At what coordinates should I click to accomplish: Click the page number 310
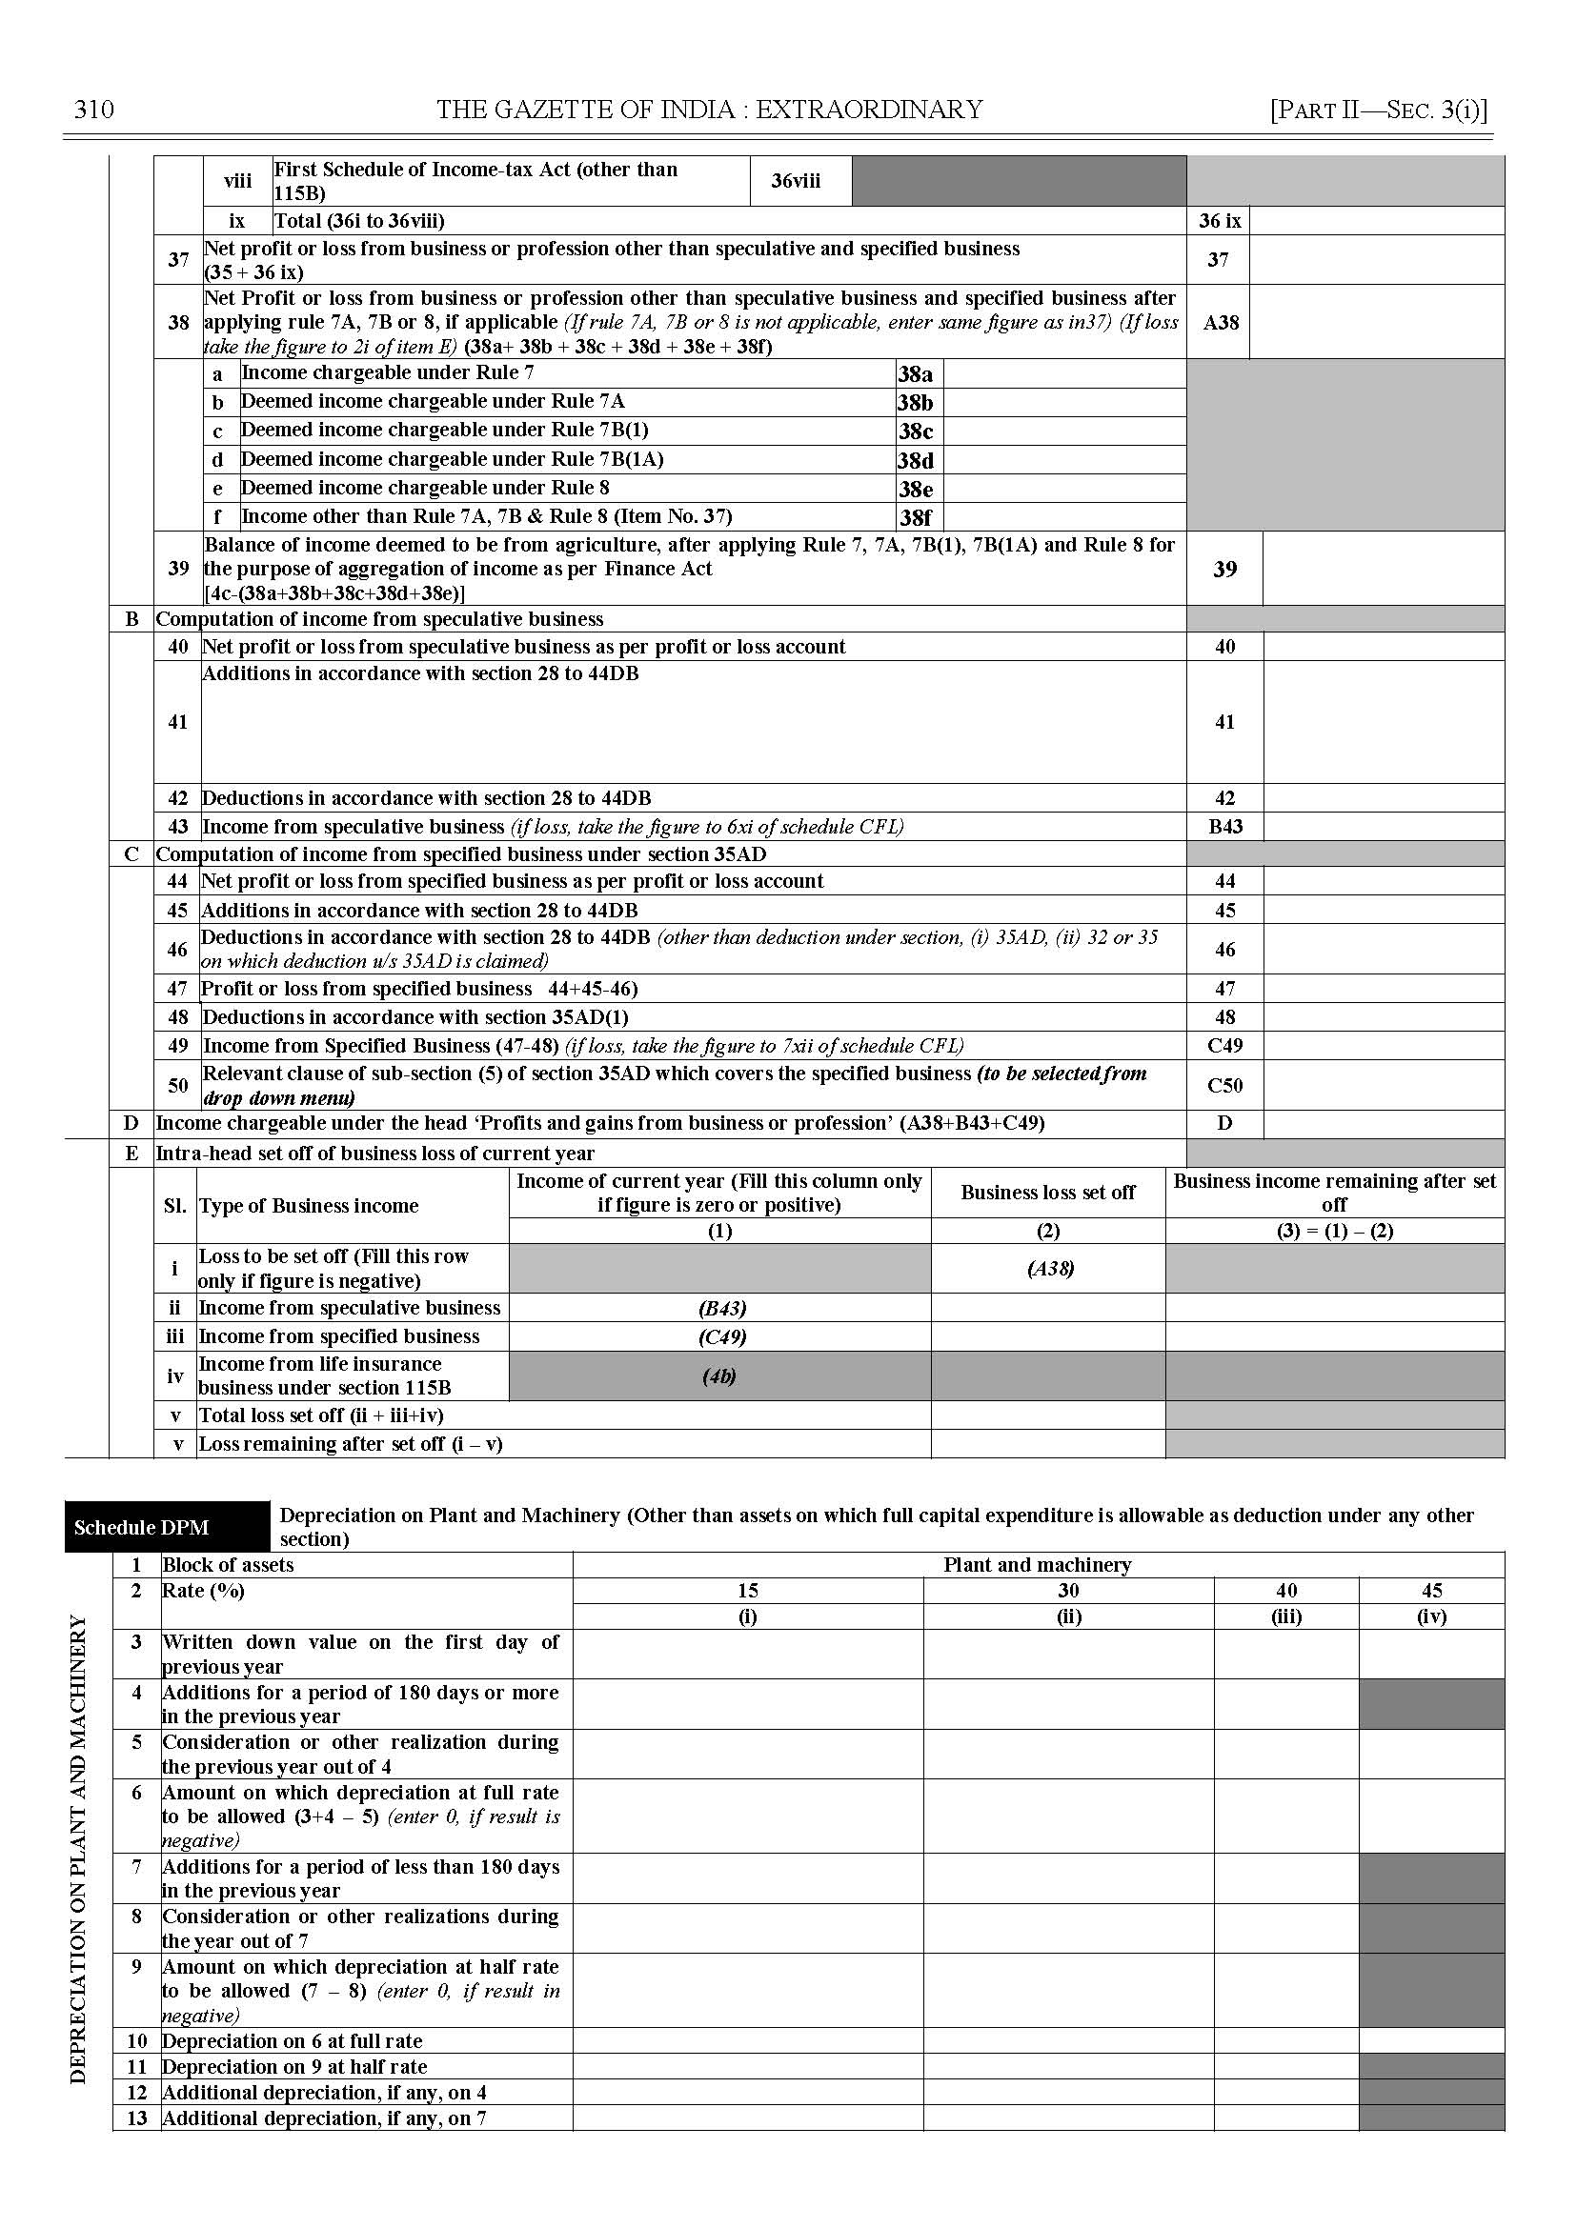[x=94, y=110]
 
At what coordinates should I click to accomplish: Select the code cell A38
[x=1220, y=322]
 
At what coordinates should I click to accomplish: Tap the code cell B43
[x=1224, y=826]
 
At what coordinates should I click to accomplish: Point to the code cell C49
[x=1224, y=1046]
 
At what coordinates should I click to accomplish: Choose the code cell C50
[x=1224, y=1085]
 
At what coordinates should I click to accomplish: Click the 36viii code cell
[x=796, y=181]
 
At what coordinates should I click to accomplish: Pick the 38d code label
[x=915, y=460]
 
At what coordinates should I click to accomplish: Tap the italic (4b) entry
[x=718, y=1375]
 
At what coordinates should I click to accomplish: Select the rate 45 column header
[x=1431, y=1590]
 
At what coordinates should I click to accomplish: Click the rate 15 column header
[x=747, y=1590]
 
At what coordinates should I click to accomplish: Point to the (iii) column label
[x=1285, y=1616]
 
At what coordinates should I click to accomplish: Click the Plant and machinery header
[x=1037, y=1565]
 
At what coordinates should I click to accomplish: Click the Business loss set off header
[x=1048, y=1193]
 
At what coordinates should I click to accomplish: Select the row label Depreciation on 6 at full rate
[x=293, y=2040]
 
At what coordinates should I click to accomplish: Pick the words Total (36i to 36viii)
[x=359, y=220]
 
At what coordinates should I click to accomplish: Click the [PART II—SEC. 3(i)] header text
[x=1378, y=110]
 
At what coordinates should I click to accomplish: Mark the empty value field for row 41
[x=1383, y=721]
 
